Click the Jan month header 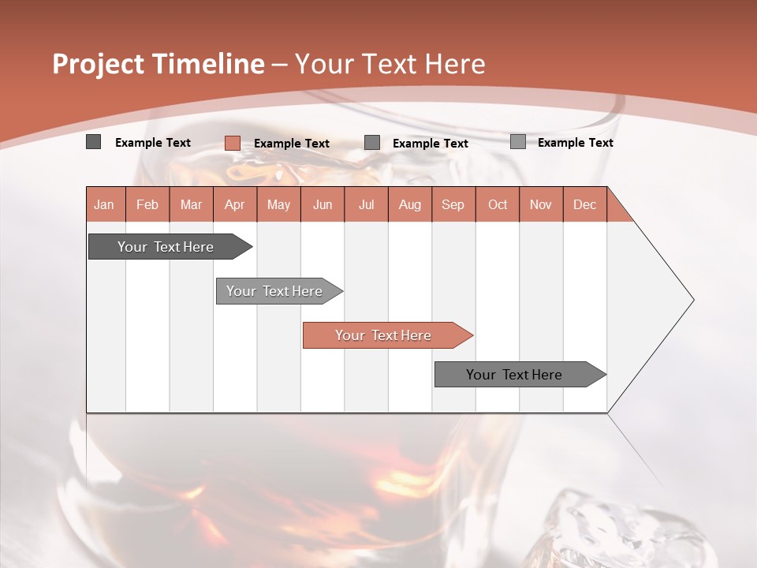(x=105, y=204)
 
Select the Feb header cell (x=147, y=204)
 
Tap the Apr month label (x=235, y=204)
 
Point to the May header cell (x=278, y=204)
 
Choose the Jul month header (x=367, y=204)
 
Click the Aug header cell (x=410, y=204)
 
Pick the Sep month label (x=453, y=204)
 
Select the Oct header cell (x=498, y=204)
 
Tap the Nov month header (x=541, y=204)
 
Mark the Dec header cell (x=585, y=204)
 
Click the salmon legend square (x=233, y=143)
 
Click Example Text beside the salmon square (x=292, y=144)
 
